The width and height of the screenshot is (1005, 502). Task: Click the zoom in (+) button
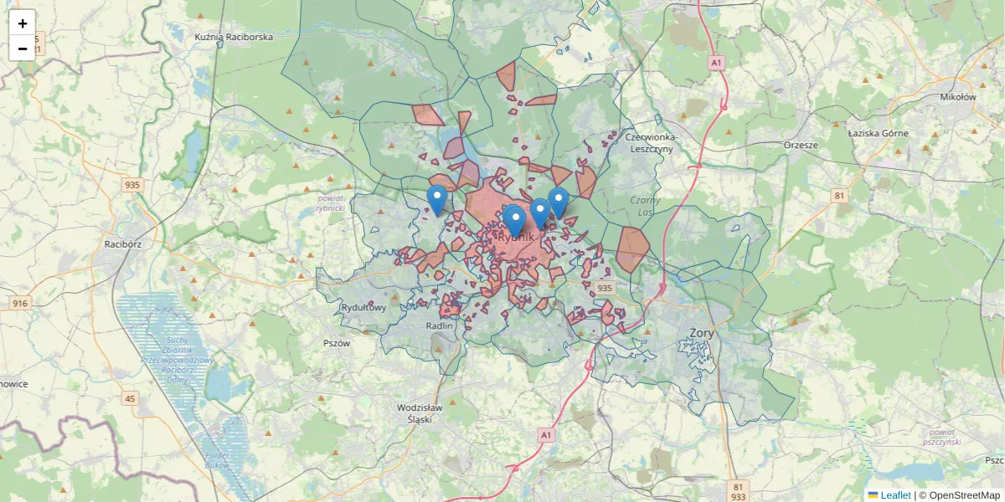click(23, 23)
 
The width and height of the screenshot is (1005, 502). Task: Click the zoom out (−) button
click(23, 49)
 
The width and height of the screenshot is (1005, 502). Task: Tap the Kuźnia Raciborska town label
click(234, 38)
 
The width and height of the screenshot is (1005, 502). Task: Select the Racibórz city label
click(122, 244)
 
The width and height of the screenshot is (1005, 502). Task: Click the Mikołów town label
click(958, 97)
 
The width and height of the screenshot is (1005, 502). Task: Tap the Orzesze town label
click(801, 145)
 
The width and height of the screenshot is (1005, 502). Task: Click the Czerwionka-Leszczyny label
click(662, 142)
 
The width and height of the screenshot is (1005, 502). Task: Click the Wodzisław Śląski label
click(419, 413)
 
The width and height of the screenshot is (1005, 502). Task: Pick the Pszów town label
click(336, 343)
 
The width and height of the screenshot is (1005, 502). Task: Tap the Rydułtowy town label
click(364, 307)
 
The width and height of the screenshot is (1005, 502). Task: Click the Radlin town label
click(439, 325)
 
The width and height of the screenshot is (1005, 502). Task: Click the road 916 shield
click(20, 304)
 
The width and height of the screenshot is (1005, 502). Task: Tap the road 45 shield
click(130, 398)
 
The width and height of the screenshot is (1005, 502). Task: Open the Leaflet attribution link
click(894, 495)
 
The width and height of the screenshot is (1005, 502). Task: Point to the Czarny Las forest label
click(646, 206)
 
